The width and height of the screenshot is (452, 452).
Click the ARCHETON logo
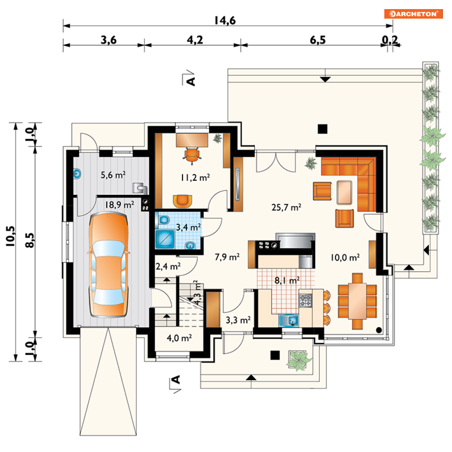click(413, 14)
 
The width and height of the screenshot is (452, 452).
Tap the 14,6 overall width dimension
click(225, 20)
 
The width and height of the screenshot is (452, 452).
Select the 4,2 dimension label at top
click(195, 40)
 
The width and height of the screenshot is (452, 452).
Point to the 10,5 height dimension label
click(10, 236)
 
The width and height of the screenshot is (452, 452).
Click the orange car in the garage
click(109, 265)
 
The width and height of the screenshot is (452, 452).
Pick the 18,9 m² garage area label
click(119, 205)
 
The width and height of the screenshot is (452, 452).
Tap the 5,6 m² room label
click(113, 175)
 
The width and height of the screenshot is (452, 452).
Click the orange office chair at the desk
click(192, 155)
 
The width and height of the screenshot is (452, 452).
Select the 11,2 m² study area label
click(195, 178)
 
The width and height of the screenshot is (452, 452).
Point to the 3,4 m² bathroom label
click(188, 227)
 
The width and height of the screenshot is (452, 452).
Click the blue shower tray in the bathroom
click(165, 239)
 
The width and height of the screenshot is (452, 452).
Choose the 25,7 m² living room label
click(286, 207)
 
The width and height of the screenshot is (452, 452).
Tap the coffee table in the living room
click(344, 192)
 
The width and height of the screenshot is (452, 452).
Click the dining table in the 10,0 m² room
click(357, 301)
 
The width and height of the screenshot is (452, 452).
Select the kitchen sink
click(288, 321)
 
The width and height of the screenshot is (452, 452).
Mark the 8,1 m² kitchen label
click(287, 280)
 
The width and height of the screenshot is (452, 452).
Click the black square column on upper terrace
click(323, 129)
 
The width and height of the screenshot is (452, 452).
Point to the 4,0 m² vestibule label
click(179, 338)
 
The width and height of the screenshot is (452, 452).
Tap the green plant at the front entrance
click(298, 360)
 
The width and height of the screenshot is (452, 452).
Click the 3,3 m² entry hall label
click(238, 320)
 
